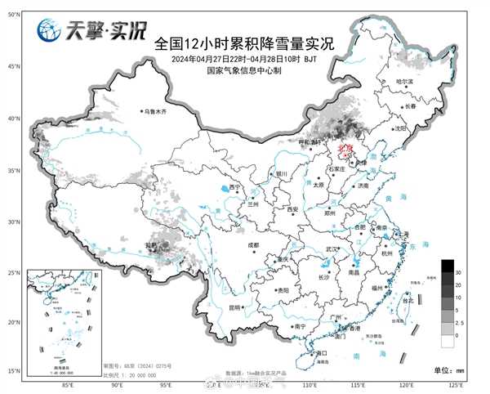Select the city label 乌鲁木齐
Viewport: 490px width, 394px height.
click(x=156, y=111)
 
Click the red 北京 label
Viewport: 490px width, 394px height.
click(x=344, y=148)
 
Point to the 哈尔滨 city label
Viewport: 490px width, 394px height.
click(x=406, y=82)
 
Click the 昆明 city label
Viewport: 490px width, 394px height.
click(x=235, y=307)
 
